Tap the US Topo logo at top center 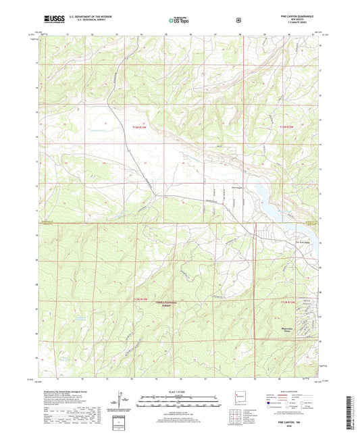click(174, 21)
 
